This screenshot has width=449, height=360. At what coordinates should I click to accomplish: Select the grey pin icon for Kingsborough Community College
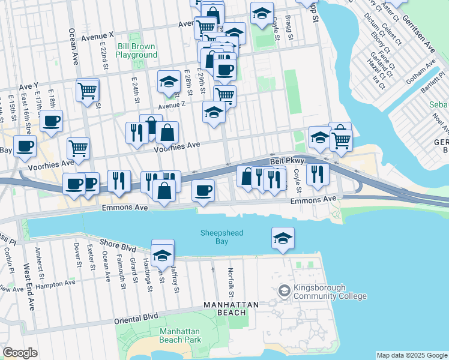coord(284,292)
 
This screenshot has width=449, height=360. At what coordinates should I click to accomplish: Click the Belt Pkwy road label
coord(284,161)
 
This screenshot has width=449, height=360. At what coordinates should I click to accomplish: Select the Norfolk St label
coord(231,282)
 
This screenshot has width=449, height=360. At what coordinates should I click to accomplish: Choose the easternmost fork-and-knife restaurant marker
coord(318,173)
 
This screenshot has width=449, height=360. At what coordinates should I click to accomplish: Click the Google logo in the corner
coord(20,353)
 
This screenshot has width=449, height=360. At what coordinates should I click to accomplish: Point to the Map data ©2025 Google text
coord(412,355)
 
